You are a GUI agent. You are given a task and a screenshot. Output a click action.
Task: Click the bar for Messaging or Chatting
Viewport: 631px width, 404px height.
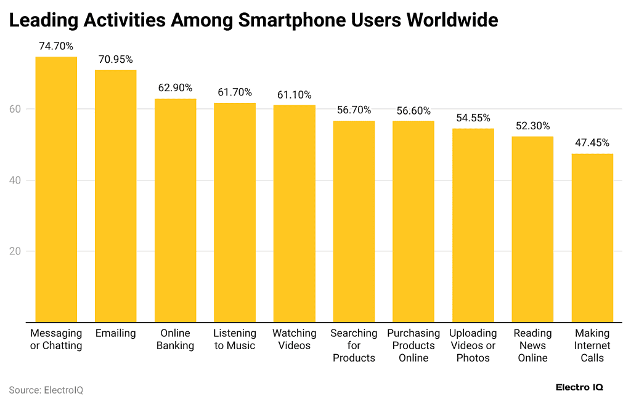(56, 189)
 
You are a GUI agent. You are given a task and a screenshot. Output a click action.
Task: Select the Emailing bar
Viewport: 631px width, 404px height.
(115, 196)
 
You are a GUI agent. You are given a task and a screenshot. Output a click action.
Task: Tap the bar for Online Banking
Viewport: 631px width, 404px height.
(175, 210)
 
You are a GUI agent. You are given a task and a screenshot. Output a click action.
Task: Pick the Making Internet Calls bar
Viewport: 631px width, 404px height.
(592, 238)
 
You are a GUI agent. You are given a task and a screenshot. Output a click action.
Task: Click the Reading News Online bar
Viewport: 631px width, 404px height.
(532, 229)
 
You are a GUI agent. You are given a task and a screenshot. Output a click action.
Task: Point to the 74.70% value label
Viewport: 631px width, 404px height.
(56, 46)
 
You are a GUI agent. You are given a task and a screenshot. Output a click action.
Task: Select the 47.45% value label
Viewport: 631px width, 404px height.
(592, 143)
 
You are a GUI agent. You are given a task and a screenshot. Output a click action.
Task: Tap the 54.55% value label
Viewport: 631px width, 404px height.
(473, 118)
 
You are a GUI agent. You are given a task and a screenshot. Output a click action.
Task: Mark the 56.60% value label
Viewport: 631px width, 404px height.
(413, 110)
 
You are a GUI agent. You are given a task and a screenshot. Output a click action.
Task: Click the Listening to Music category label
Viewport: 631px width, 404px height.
(235, 339)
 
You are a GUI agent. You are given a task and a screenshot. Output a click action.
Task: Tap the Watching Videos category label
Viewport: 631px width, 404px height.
(294, 339)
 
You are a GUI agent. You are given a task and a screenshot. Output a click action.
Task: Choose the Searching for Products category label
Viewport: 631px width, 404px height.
(354, 345)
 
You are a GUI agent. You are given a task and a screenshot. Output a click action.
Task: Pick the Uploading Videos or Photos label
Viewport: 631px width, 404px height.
(473, 345)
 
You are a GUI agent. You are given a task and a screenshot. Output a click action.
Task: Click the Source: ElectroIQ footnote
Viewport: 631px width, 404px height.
(46, 390)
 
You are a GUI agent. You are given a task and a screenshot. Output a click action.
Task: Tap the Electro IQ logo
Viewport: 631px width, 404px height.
(579, 387)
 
